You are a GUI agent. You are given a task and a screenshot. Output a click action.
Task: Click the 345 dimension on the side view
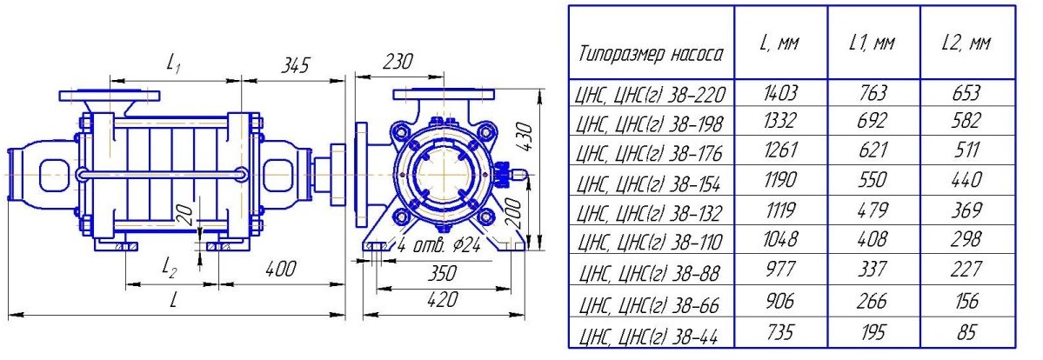point(295,65)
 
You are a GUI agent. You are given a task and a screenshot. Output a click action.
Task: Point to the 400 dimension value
point(280,269)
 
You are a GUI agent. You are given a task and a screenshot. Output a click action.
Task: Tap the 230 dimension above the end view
point(398,61)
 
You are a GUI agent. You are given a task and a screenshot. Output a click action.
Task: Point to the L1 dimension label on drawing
point(174,63)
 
